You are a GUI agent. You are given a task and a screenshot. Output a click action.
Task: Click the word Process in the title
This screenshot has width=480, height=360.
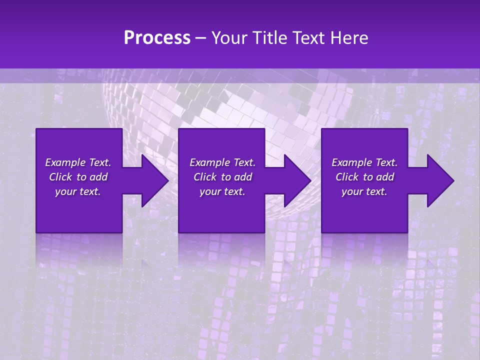pos(157,38)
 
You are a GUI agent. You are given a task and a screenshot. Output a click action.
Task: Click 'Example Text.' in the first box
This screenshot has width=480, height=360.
pos(78,162)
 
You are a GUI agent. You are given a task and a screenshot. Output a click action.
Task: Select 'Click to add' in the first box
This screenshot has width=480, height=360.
pos(78,177)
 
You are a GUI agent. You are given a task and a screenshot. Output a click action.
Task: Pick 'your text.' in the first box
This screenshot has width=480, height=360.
pos(78,191)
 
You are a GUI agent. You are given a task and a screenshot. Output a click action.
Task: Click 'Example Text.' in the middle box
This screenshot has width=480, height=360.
pos(222,162)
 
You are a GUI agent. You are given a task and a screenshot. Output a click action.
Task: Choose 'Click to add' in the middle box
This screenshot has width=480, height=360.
pos(222,177)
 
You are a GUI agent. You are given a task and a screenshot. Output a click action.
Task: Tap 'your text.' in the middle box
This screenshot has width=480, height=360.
pos(222,191)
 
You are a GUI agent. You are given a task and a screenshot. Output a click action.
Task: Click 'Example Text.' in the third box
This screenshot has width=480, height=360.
pos(364,162)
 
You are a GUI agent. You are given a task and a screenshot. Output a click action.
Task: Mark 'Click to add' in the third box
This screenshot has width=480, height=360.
pos(364,177)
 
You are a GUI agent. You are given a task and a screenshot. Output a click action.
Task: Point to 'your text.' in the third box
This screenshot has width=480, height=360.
pos(364,191)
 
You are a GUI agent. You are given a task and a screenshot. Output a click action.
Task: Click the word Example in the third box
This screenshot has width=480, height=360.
pos(351,162)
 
